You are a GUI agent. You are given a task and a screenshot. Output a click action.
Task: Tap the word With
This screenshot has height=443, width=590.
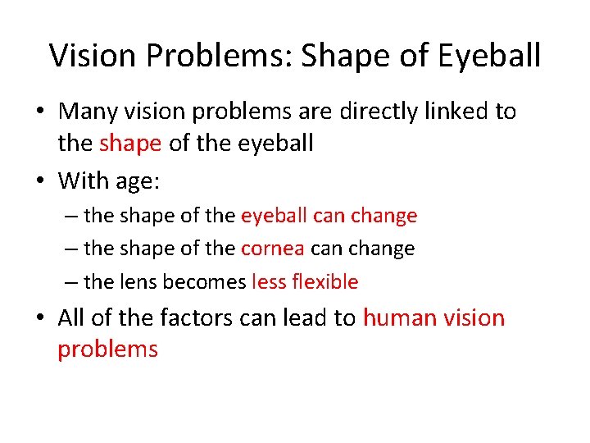pyautogui.click(x=86, y=179)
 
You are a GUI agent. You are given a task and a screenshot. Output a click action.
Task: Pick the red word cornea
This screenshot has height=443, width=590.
pyautogui.click(x=272, y=249)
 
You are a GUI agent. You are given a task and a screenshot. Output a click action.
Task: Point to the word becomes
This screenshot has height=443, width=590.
pyautogui.click(x=204, y=281)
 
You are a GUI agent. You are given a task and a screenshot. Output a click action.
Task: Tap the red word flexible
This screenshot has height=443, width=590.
pyautogui.click(x=324, y=281)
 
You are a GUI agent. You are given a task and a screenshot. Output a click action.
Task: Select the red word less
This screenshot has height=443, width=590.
pyautogui.click(x=268, y=281)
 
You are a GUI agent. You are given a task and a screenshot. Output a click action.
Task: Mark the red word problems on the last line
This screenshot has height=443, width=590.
pyautogui.click(x=107, y=349)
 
